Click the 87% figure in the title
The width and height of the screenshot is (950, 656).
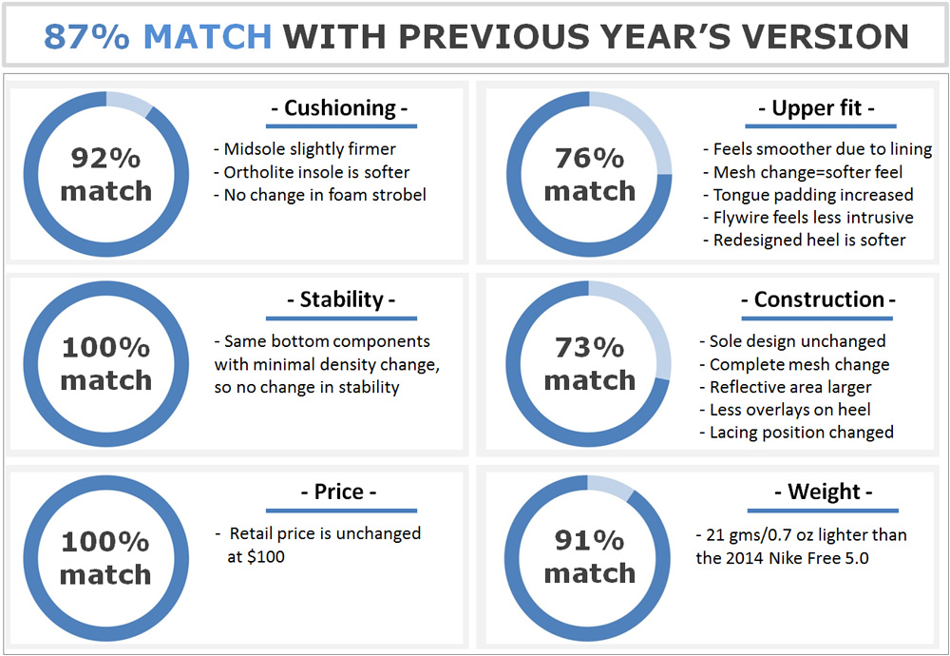[x=86, y=36]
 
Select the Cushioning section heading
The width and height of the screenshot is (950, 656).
[x=339, y=108]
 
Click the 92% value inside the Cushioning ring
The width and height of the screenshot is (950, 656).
[x=106, y=158]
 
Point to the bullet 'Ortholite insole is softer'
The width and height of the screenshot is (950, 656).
[x=312, y=172]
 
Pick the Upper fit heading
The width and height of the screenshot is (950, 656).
[x=816, y=108]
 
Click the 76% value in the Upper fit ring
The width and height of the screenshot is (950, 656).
[x=590, y=158]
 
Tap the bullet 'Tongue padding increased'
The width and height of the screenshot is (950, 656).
[x=808, y=195]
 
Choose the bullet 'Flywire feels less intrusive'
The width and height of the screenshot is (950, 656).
[x=808, y=218]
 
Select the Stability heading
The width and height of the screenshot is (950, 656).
[x=341, y=299]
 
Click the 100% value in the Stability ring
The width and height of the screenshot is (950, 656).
[x=106, y=348]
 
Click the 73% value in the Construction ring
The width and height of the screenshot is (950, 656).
[x=590, y=348]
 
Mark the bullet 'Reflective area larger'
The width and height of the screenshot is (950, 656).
[x=786, y=387]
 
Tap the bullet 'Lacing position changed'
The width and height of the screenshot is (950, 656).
[x=797, y=433]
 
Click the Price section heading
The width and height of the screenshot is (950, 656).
[x=339, y=492]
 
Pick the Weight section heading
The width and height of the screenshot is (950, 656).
[x=824, y=492]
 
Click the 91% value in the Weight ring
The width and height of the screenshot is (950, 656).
[x=590, y=540]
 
